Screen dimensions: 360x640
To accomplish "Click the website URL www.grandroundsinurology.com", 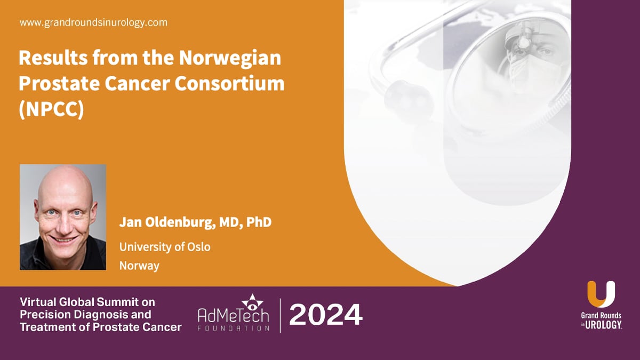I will pos(93,23).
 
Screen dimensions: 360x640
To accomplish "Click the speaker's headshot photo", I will pos(63,217).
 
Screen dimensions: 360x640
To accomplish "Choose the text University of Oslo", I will pos(165,247).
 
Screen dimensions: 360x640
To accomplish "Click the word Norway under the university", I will pos(139,265).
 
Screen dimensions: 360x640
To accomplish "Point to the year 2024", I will pos(326,315).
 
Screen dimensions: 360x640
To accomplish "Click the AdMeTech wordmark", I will pos(234,317).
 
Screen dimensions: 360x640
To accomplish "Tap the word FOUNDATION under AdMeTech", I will pos(234,329).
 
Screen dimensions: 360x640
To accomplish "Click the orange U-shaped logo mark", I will pos(601,294).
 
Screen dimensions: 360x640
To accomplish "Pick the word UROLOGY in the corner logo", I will pos(604,325).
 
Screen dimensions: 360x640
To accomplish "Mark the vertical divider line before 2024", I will pos(281,316).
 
